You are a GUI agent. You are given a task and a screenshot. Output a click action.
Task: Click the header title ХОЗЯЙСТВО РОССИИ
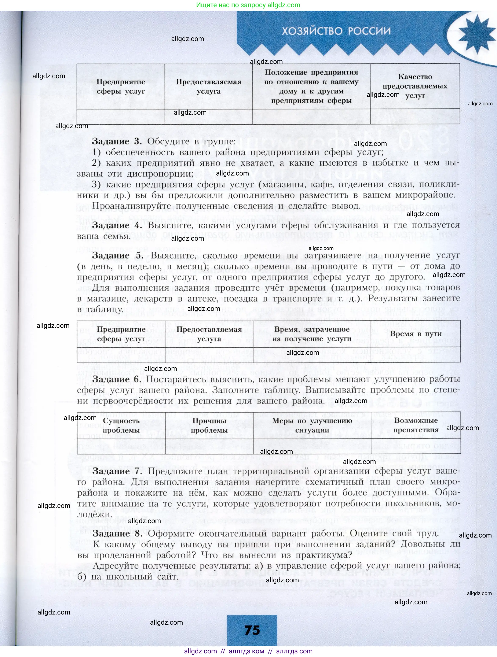[x=336, y=31]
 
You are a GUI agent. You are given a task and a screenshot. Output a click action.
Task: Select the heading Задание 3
[x=117, y=141]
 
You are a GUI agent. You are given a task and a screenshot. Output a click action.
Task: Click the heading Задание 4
[x=117, y=225]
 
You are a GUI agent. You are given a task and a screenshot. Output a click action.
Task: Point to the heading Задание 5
[x=117, y=255]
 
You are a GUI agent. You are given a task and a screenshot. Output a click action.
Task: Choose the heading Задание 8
[x=117, y=534]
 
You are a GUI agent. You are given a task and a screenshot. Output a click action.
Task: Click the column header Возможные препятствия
[x=416, y=425]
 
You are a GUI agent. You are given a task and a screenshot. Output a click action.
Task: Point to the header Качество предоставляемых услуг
[x=415, y=86]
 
